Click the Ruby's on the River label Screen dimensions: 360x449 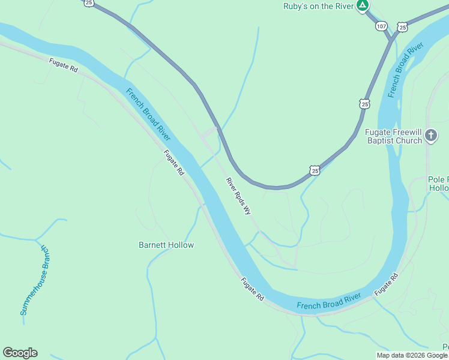[x=318, y=6]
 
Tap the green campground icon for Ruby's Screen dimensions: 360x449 [x=362, y=6]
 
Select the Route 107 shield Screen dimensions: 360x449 [x=382, y=26]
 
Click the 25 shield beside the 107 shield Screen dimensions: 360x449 [x=402, y=26]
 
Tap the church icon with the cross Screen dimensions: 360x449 [x=431, y=136]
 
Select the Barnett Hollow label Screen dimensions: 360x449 [x=166, y=245]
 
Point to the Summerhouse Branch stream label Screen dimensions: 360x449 [x=36, y=280]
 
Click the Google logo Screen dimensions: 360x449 [x=20, y=353]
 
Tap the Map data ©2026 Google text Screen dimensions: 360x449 [x=412, y=355]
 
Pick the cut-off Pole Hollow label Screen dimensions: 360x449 [x=438, y=184]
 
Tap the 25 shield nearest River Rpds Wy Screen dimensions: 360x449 [x=315, y=171]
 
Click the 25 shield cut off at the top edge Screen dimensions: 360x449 [x=89, y=3]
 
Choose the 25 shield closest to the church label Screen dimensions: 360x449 [x=365, y=104]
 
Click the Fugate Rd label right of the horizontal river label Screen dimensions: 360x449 [x=386, y=284]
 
